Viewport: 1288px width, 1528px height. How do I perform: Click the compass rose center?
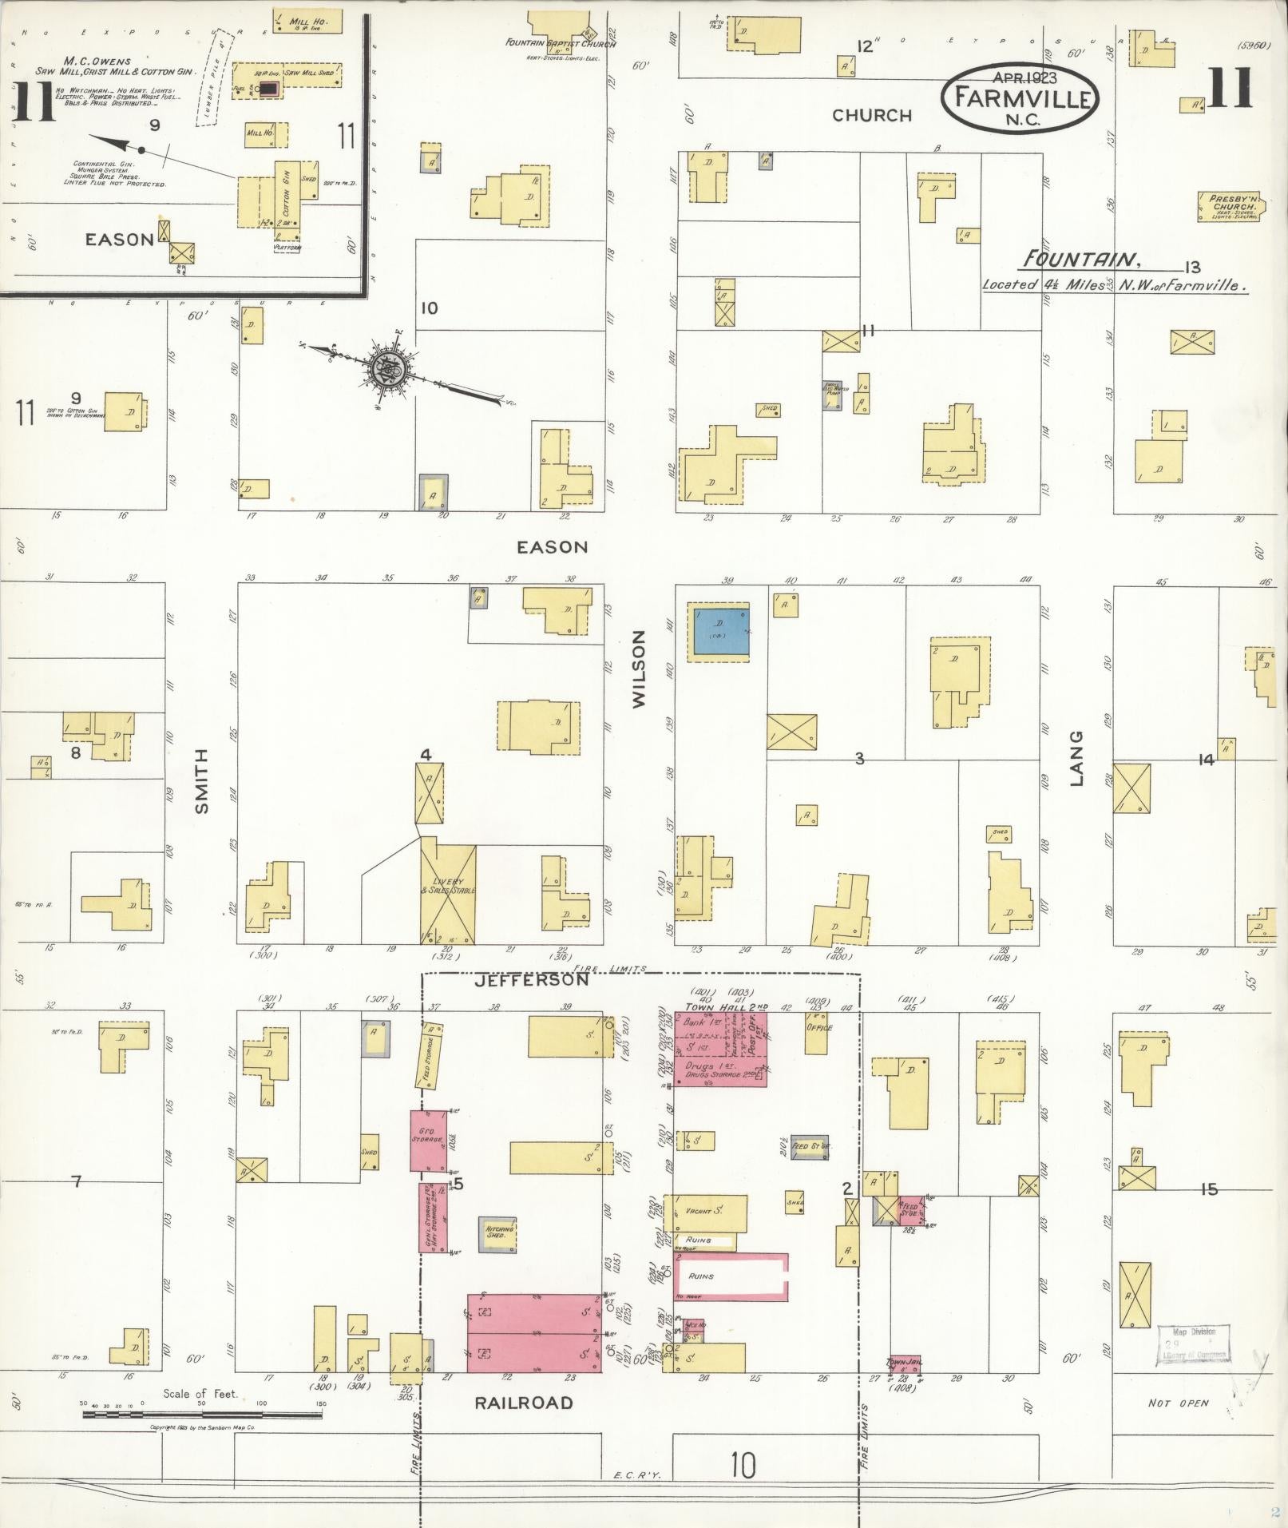(390, 371)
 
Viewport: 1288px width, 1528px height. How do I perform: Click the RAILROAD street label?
(524, 1403)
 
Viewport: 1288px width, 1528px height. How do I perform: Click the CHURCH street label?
(872, 116)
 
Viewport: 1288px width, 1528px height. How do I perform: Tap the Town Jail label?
(904, 1363)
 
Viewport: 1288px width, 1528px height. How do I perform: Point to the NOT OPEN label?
(1178, 1403)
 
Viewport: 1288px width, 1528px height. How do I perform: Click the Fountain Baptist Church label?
(560, 44)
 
